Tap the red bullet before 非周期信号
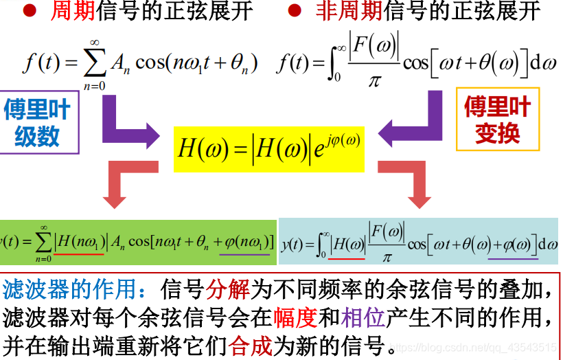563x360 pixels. click(x=294, y=12)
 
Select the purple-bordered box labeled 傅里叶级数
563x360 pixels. click(x=38, y=122)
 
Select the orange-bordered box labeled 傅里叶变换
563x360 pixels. click(x=497, y=120)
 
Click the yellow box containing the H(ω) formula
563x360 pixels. click(x=268, y=148)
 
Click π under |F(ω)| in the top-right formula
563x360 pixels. click(x=374, y=81)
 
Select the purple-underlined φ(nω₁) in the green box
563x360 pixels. click(x=246, y=243)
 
